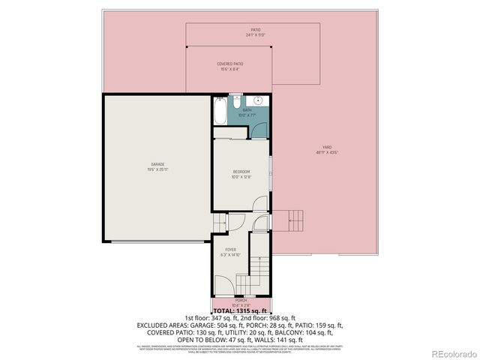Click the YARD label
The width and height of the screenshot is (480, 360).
(x=327, y=149)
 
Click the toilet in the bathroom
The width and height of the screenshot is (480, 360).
(x=235, y=100)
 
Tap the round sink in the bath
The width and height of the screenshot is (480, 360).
(x=257, y=100)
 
